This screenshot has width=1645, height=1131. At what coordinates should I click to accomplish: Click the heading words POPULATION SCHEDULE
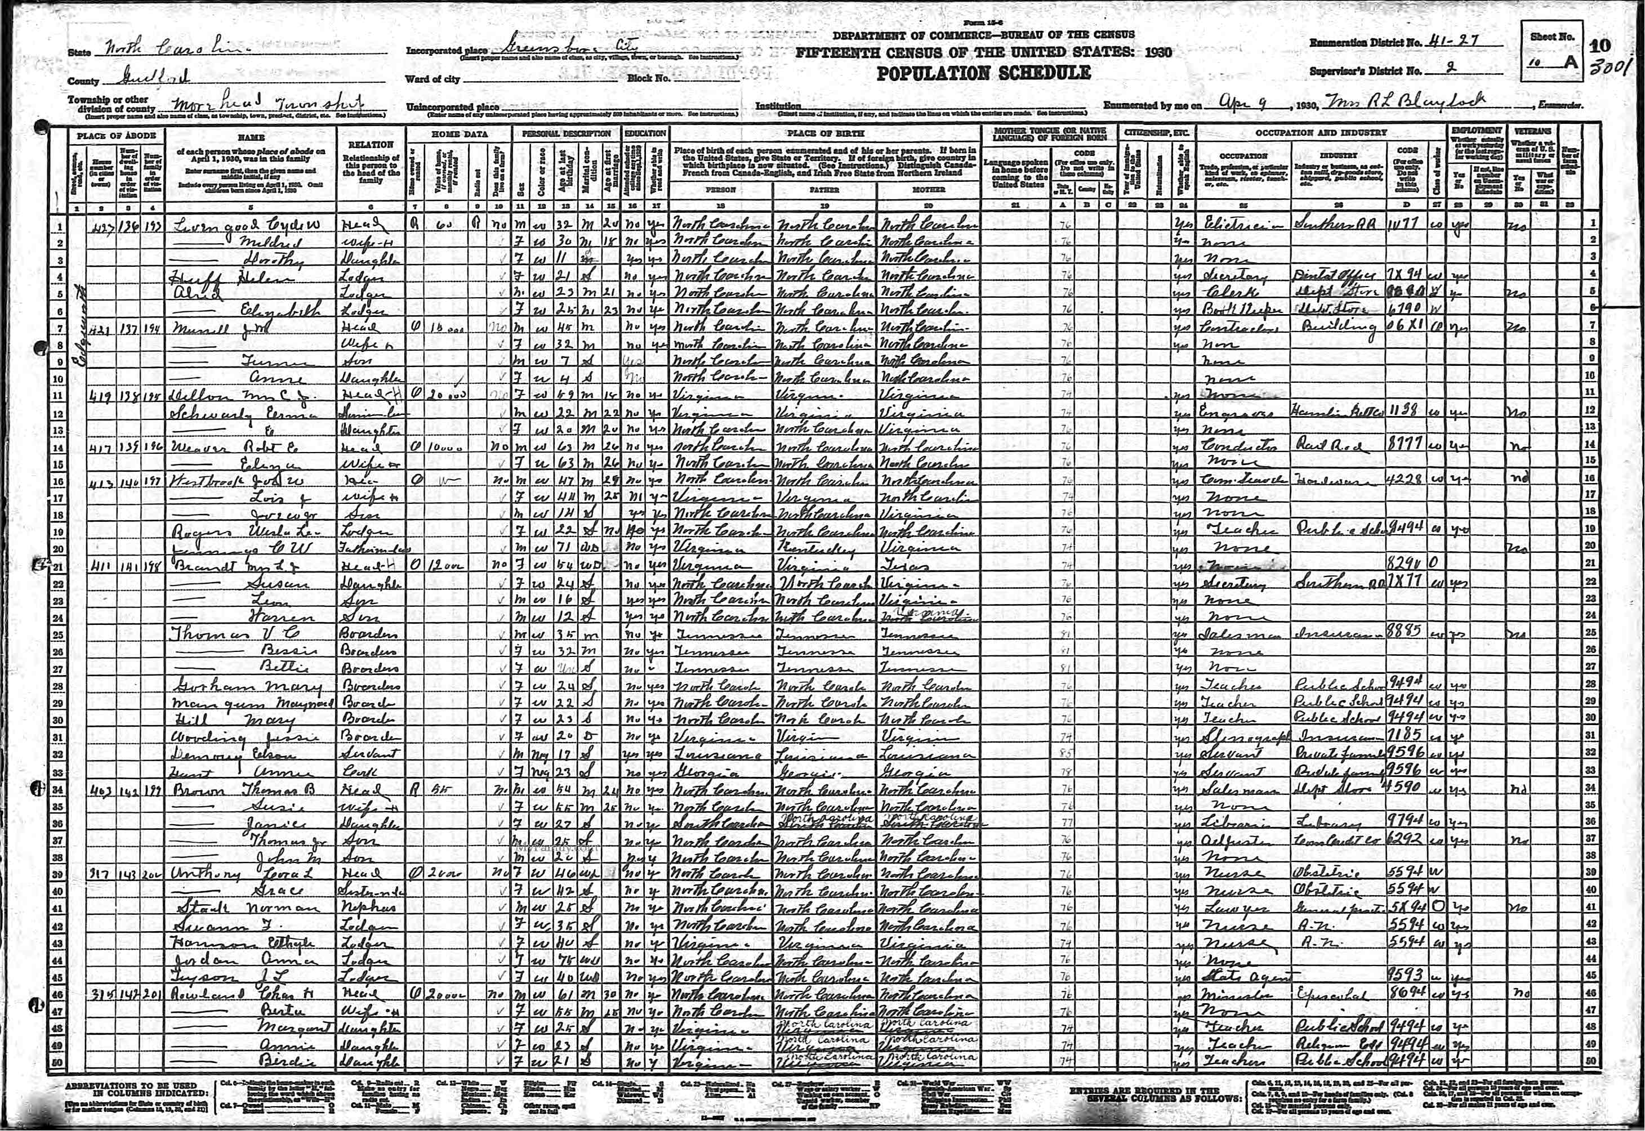point(983,73)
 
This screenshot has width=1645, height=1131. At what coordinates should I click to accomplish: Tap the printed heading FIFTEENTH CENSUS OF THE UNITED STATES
point(983,52)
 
